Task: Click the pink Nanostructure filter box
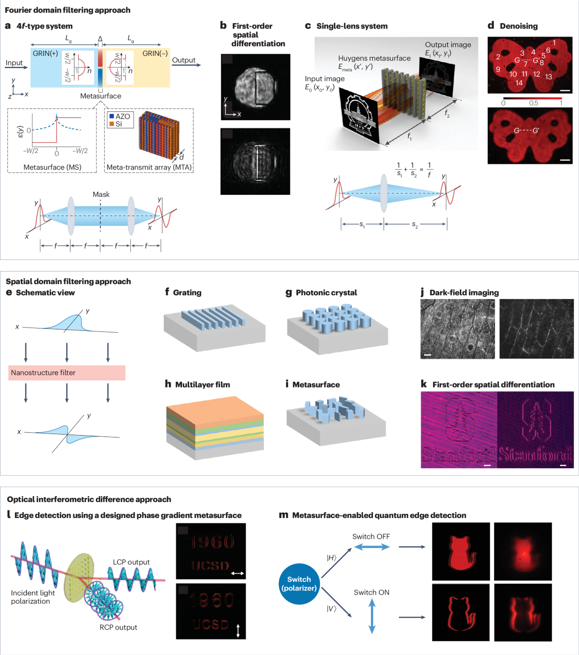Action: coord(67,373)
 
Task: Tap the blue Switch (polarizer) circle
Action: coord(299,584)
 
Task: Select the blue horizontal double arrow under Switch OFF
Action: coord(372,547)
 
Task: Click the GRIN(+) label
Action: coord(45,54)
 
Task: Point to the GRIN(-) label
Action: coord(155,54)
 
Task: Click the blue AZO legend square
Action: coord(111,116)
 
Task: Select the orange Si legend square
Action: coord(111,124)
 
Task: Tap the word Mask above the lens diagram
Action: coord(101,194)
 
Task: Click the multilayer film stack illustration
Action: coord(215,427)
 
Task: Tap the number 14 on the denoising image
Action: coord(519,83)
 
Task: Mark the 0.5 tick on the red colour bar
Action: coord(533,103)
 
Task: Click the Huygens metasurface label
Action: coord(374,58)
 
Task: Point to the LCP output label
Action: coord(131,562)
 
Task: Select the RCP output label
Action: coord(118,628)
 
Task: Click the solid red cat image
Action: coord(461,551)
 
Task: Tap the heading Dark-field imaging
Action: coord(464,293)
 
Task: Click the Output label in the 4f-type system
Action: coord(184,60)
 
